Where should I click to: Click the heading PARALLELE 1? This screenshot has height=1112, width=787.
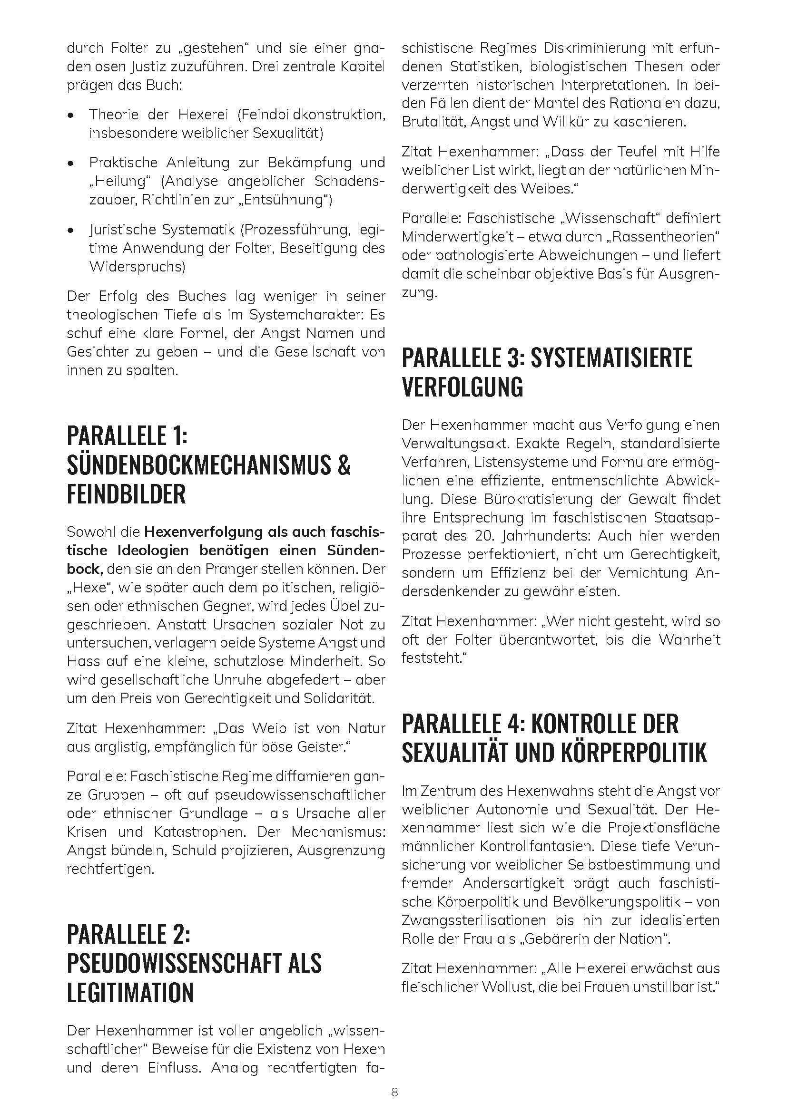[x=127, y=435]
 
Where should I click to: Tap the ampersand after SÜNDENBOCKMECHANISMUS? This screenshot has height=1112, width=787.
[x=343, y=465]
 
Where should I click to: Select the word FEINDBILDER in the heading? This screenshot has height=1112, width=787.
[x=126, y=494]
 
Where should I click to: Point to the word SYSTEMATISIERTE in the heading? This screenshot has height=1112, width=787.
[x=611, y=358]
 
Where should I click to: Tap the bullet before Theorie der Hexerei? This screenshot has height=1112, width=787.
[x=72, y=116]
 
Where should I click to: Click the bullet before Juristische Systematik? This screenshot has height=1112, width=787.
[x=72, y=231]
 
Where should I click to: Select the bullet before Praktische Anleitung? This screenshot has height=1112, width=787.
[x=72, y=163]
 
